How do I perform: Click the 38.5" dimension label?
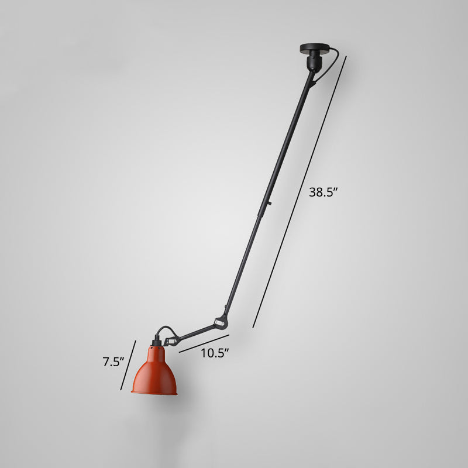(x=324, y=192)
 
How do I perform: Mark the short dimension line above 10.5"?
(x=204, y=343)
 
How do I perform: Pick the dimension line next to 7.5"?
(x=128, y=364)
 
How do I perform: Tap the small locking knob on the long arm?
(x=270, y=204)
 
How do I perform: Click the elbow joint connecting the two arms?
(x=221, y=321)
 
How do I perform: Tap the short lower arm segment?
(x=197, y=331)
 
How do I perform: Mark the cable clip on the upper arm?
(x=313, y=81)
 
